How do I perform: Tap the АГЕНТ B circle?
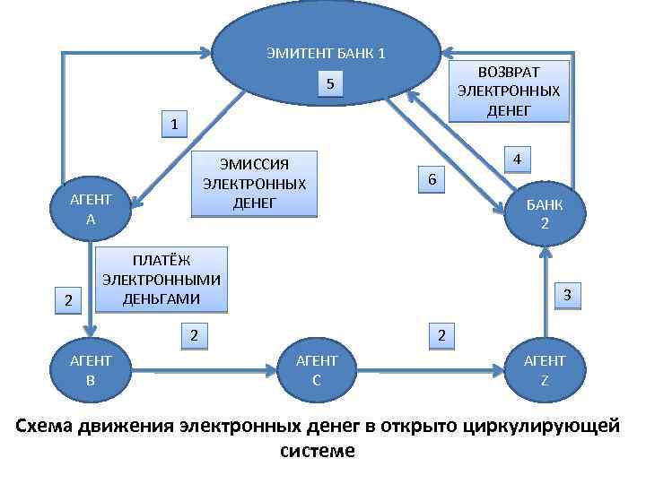coord(92,369)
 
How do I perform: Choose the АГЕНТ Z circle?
coord(545,369)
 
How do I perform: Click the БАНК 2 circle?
coord(545,213)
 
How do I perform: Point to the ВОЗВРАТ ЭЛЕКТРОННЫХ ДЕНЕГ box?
coord(509,91)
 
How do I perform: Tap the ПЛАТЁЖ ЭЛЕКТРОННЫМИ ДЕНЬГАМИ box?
coord(161,279)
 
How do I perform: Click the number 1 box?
coord(174,124)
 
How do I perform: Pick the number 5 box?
coord(330,84)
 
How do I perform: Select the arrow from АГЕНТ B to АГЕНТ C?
coord(204,369)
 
